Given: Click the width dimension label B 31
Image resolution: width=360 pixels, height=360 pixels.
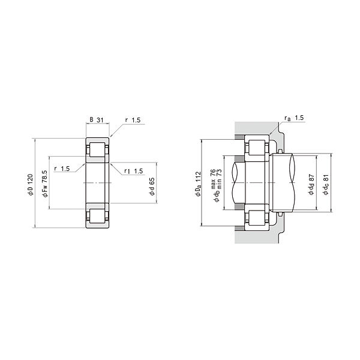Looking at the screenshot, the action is click(x=97, y=119).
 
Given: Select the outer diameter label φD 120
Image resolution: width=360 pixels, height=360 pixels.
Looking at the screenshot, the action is click(x=31, y=185).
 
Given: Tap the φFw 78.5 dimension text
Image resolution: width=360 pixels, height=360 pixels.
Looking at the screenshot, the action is click(x=44, y=184).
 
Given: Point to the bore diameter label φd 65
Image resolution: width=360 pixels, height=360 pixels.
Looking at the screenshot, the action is click(x=152, y=187).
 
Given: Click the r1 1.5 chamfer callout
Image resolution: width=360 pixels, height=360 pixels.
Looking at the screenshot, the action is click(x=133, y=171).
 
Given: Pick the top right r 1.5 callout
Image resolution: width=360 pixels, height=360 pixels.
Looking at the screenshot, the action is click(x=133, y=120).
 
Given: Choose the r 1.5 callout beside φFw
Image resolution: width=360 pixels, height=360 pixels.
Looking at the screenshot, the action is click(x=62, y=169).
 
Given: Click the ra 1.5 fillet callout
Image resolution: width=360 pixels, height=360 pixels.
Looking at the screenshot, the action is click(x=294, y=118).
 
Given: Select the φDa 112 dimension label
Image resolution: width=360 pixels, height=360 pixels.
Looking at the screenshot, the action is click(x=198, y=184).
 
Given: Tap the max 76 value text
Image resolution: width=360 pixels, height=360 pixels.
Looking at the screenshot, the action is click(x=213, y=176).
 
